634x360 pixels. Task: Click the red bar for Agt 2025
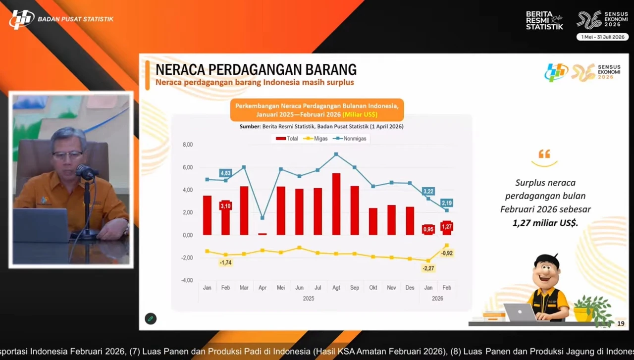(336, 204)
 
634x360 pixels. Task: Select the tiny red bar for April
(263, 234)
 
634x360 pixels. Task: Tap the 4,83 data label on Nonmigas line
(225, 173)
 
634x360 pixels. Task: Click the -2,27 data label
(428, 268)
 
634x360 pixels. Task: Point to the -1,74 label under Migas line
(225, 262)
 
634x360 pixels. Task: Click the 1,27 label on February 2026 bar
(447, 227)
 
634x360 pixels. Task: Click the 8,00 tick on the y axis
(188, 145)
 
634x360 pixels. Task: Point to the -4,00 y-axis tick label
(187, 280)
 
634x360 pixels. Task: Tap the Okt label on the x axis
(373, 288)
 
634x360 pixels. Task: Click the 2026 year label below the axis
(437, 299)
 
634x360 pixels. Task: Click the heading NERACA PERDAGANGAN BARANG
(256, 69)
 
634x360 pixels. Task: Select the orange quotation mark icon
(544, 154)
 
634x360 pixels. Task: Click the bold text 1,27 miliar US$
(545, 223)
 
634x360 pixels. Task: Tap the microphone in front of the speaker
(86, 172)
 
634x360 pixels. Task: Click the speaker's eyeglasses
(67, 155)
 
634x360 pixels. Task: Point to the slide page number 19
(621, 324)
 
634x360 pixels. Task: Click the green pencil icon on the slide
(151, 319)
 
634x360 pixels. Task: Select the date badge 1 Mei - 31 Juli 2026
(602, 37)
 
